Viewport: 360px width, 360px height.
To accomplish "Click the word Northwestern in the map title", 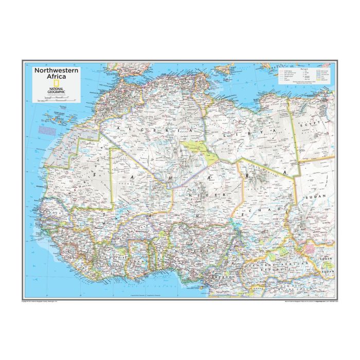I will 57,70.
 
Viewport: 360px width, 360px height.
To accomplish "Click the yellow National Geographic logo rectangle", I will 39,86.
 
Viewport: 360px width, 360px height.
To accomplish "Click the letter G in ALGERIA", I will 135,130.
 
